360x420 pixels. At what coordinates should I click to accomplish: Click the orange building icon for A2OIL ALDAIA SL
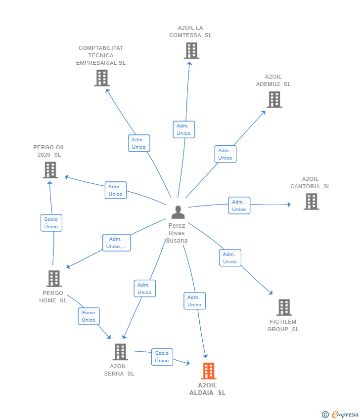point(209,371)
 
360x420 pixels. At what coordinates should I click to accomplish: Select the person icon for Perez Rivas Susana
point(178,212)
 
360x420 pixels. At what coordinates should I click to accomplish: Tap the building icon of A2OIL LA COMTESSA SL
point(191,50)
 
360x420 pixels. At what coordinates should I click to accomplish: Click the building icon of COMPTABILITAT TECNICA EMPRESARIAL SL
point(102,78)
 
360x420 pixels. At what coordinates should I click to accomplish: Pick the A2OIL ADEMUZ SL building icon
point(274,99)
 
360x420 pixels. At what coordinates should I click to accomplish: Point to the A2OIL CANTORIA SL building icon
point(311,202)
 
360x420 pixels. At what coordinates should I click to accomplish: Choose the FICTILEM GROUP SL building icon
point(284,307)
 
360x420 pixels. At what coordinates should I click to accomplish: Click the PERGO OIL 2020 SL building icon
point(50,170)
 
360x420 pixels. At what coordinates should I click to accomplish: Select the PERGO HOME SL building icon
point(54,279)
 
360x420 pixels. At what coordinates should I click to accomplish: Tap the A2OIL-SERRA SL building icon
point(120,352)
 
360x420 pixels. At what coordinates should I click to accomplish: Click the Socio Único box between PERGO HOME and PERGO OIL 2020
point(51,223)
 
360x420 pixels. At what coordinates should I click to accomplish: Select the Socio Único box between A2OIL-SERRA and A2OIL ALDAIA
point(162,357)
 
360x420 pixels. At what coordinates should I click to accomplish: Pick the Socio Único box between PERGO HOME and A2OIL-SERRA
point(89,316)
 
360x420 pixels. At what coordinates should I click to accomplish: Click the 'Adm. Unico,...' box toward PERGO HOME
point(116,243)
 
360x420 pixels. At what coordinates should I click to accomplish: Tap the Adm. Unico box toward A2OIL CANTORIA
point(239,206)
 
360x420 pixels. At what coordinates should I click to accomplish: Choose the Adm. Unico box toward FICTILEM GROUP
point(230,258)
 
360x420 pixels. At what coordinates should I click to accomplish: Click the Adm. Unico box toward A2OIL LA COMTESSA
point(183,129)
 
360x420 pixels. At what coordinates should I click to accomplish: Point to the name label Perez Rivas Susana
point(177,233)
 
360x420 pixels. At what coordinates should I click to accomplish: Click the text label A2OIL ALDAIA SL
point(207,389)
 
